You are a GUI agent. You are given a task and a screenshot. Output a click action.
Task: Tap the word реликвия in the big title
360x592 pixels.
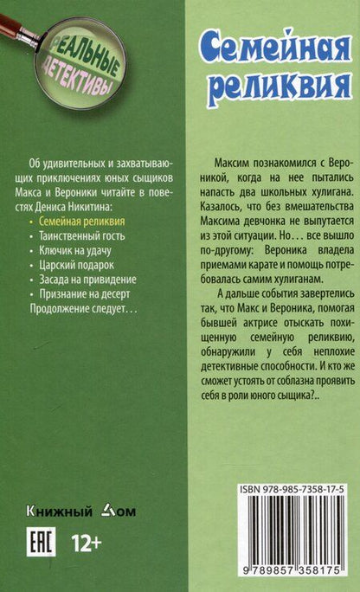pos(273,87)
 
